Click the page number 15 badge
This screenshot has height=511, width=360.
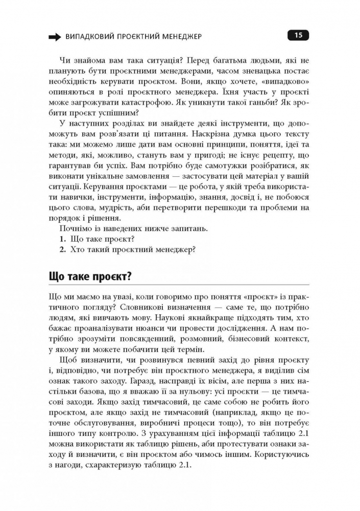(x=298, y=35)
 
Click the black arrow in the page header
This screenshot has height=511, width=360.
(x=54, y=36)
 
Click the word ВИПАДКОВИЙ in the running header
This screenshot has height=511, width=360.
(x=87, y=36)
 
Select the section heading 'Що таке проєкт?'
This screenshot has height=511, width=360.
(x=90, y=276)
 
